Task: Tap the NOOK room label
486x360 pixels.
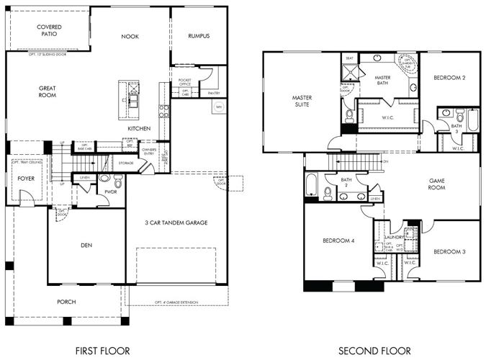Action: [x=130, y=36]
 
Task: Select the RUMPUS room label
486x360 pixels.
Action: [x=199, y=36]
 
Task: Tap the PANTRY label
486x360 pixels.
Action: [x=212, y=92]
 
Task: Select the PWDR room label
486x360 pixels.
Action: [x=110, y=192]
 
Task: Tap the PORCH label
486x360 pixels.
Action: [x=66, y=302]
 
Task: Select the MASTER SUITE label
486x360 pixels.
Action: [x=301, y=101]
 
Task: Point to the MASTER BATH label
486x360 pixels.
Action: [x=383, y=80]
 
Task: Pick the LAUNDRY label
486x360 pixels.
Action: [x=394, y=237]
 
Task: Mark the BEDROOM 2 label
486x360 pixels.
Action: [x=449, y=77]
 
